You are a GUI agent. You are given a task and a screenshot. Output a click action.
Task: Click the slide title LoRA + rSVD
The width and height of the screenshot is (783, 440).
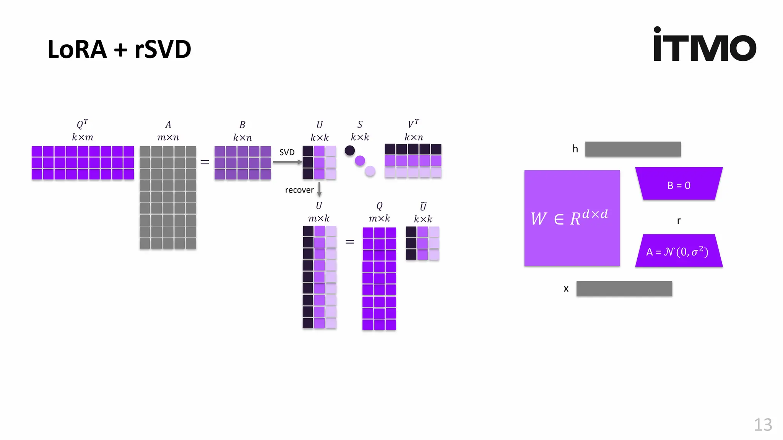point(119,49)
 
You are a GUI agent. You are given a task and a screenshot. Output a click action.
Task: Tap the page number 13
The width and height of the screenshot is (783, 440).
point(762,425)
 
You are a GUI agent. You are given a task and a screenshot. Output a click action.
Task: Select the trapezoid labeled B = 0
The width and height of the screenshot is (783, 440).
point(679,184)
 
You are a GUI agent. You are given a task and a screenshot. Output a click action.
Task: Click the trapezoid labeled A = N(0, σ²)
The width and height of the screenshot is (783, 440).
point(679,251)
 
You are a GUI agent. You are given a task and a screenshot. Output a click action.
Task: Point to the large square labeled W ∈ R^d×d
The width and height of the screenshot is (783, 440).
point(572,218)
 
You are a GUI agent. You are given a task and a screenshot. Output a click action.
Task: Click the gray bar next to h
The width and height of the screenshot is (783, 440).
point(633,149)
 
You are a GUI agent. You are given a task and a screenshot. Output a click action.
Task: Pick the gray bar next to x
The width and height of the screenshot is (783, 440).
point(624,288)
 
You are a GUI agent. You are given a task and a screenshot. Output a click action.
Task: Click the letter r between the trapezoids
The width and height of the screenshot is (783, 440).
point(679,221)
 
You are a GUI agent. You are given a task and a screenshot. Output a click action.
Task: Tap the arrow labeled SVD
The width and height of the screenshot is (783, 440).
point(287,162)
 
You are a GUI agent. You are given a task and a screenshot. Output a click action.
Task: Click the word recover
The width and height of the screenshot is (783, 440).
point(299,190)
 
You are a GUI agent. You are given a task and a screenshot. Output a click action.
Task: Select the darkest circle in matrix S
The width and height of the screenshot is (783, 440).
point(349,150)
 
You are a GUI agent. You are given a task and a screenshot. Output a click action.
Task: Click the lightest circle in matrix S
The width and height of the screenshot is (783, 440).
point(370,171)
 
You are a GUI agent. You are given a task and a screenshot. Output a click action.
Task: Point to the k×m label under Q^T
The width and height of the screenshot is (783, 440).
point(83,137)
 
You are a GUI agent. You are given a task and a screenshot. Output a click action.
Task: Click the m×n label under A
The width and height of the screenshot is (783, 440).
point(168,137)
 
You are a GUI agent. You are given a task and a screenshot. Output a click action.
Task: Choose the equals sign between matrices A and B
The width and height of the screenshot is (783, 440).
point(205,162)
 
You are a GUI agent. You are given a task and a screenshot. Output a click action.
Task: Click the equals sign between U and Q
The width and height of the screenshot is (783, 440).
point(349,242)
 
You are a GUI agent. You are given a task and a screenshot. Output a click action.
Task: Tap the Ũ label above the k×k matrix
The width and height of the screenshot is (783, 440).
point(423,207)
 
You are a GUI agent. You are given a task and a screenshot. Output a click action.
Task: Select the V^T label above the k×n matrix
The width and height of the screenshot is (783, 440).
point(413,124)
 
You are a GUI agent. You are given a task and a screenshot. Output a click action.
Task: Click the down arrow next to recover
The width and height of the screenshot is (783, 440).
point(319,189)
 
